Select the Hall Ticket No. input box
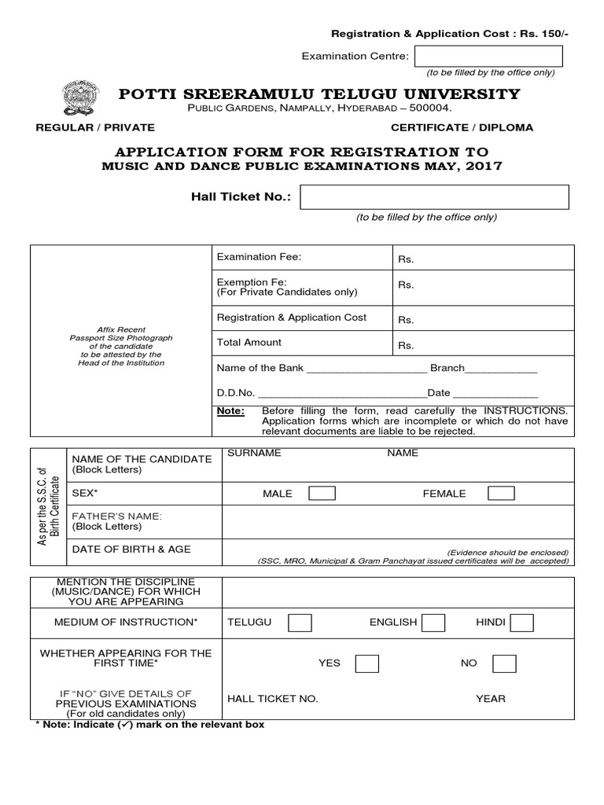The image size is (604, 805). (435, 197)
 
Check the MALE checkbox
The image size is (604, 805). (322, 493)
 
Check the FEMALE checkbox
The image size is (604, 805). (501, 493)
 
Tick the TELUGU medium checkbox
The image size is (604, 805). (300, 623)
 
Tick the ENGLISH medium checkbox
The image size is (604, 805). (433, 623)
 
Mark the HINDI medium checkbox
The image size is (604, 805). (521, 623)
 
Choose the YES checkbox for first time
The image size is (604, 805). (366, 663)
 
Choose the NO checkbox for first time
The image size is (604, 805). (505, 663)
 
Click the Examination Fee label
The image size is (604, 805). (259, 257)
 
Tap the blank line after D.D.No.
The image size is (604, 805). (342, 393)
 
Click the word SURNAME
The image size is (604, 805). (254, 453)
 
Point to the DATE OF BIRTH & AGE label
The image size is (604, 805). (131, 549)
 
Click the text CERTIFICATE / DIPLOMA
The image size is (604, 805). (462, 127)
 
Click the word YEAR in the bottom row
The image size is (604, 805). (491, 698)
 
